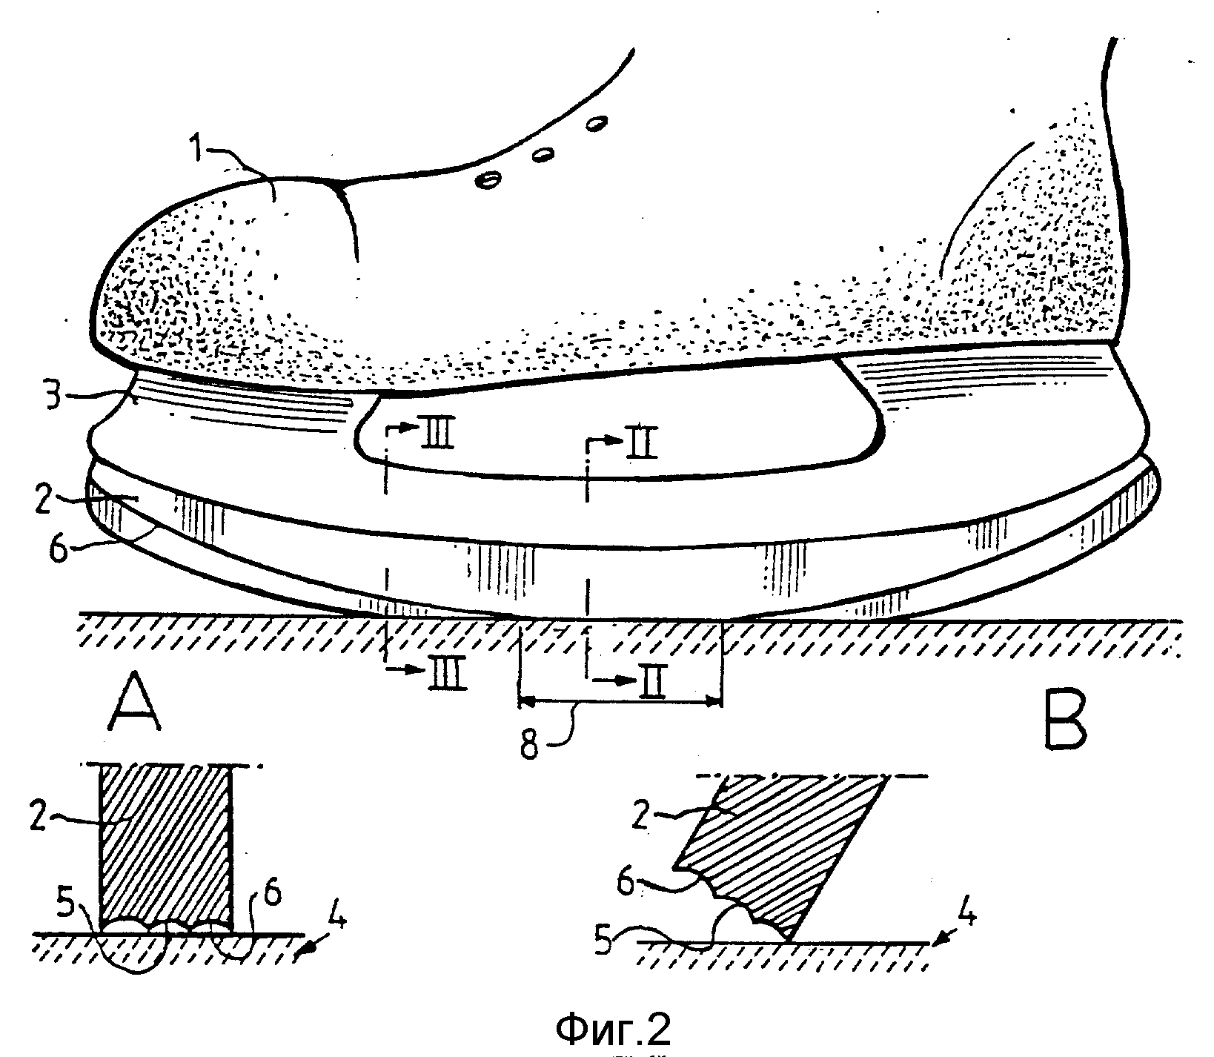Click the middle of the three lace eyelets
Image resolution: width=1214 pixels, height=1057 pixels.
543,154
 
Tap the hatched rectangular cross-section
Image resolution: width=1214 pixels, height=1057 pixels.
165,846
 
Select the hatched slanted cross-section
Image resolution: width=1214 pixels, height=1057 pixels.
778,852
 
